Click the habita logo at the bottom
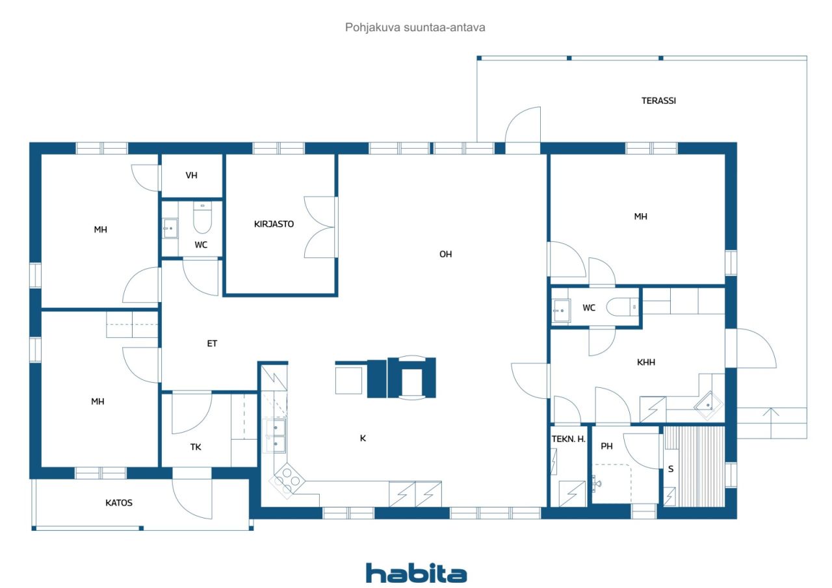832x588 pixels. tap(416, 573)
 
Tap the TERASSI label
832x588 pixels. tap(658, 101)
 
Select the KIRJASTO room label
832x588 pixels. tap(274, 224)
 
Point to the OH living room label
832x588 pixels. tap(445, 254)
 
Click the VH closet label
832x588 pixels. tap(191, 175)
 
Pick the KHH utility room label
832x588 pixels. tap(646, 362)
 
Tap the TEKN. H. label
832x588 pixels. tap(568, 439)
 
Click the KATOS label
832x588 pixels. tap(119, 503)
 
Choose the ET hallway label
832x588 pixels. tap(212, 343)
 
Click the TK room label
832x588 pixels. tap(196, 447)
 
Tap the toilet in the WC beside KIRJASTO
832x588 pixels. tap(202, 218)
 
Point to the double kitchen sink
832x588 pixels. tap(274, 436)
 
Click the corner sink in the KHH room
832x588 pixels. tap(708, 405)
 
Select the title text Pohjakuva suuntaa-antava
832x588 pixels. tap(415, 27)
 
